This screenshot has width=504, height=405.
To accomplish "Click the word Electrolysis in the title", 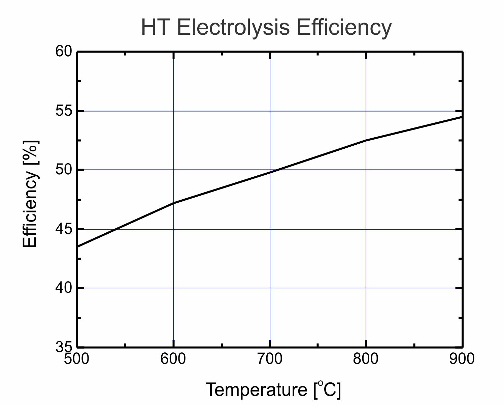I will coord(233,27).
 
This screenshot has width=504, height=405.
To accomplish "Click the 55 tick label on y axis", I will coord(64,111).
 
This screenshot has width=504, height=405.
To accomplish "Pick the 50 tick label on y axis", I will coord(64,170).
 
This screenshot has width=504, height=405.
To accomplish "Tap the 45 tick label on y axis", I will coord(64,229).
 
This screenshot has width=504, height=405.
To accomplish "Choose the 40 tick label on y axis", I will coord(64,288).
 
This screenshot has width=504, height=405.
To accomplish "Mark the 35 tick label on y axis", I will coord(64,347).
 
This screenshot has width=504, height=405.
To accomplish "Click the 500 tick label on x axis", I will coord(77,359).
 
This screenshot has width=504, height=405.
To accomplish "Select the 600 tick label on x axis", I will coord(173,359).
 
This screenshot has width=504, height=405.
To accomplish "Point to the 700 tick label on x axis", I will coord(270,359).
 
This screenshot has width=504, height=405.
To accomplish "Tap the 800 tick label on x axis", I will coord(366,359).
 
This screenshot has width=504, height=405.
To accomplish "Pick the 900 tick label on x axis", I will coord(462,359).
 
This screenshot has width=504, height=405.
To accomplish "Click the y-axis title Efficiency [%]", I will coord(30,194).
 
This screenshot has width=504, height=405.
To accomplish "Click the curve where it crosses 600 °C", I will coord(173,203).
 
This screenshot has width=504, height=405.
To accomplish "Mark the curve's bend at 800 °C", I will coord(366,140).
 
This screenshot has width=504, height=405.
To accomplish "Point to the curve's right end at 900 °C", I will coord(461,117).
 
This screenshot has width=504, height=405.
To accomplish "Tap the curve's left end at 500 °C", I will coord(78,247).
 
